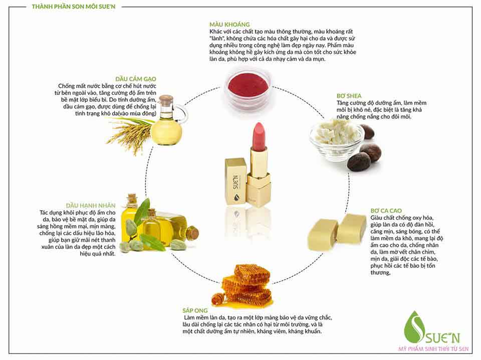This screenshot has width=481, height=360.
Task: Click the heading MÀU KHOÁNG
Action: point(230,24)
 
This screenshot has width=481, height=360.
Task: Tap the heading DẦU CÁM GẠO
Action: point(136,79)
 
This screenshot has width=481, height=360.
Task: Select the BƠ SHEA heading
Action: point(349,96)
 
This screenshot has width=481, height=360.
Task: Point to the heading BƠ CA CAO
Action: point(386,211)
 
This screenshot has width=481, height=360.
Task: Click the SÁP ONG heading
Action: point(195,310)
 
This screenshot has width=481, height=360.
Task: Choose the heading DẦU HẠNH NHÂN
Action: point(91,205)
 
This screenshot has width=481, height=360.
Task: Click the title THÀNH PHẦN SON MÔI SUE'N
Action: point(74,7)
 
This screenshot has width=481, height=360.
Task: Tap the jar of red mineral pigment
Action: point(248,87)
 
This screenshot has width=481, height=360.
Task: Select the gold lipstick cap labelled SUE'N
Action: point(236,182)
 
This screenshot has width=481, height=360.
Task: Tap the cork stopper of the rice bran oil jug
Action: point(168,100)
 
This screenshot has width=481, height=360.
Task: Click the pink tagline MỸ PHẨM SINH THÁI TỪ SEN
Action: point(433,349)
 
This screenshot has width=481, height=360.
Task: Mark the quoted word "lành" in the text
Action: point(217,38)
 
